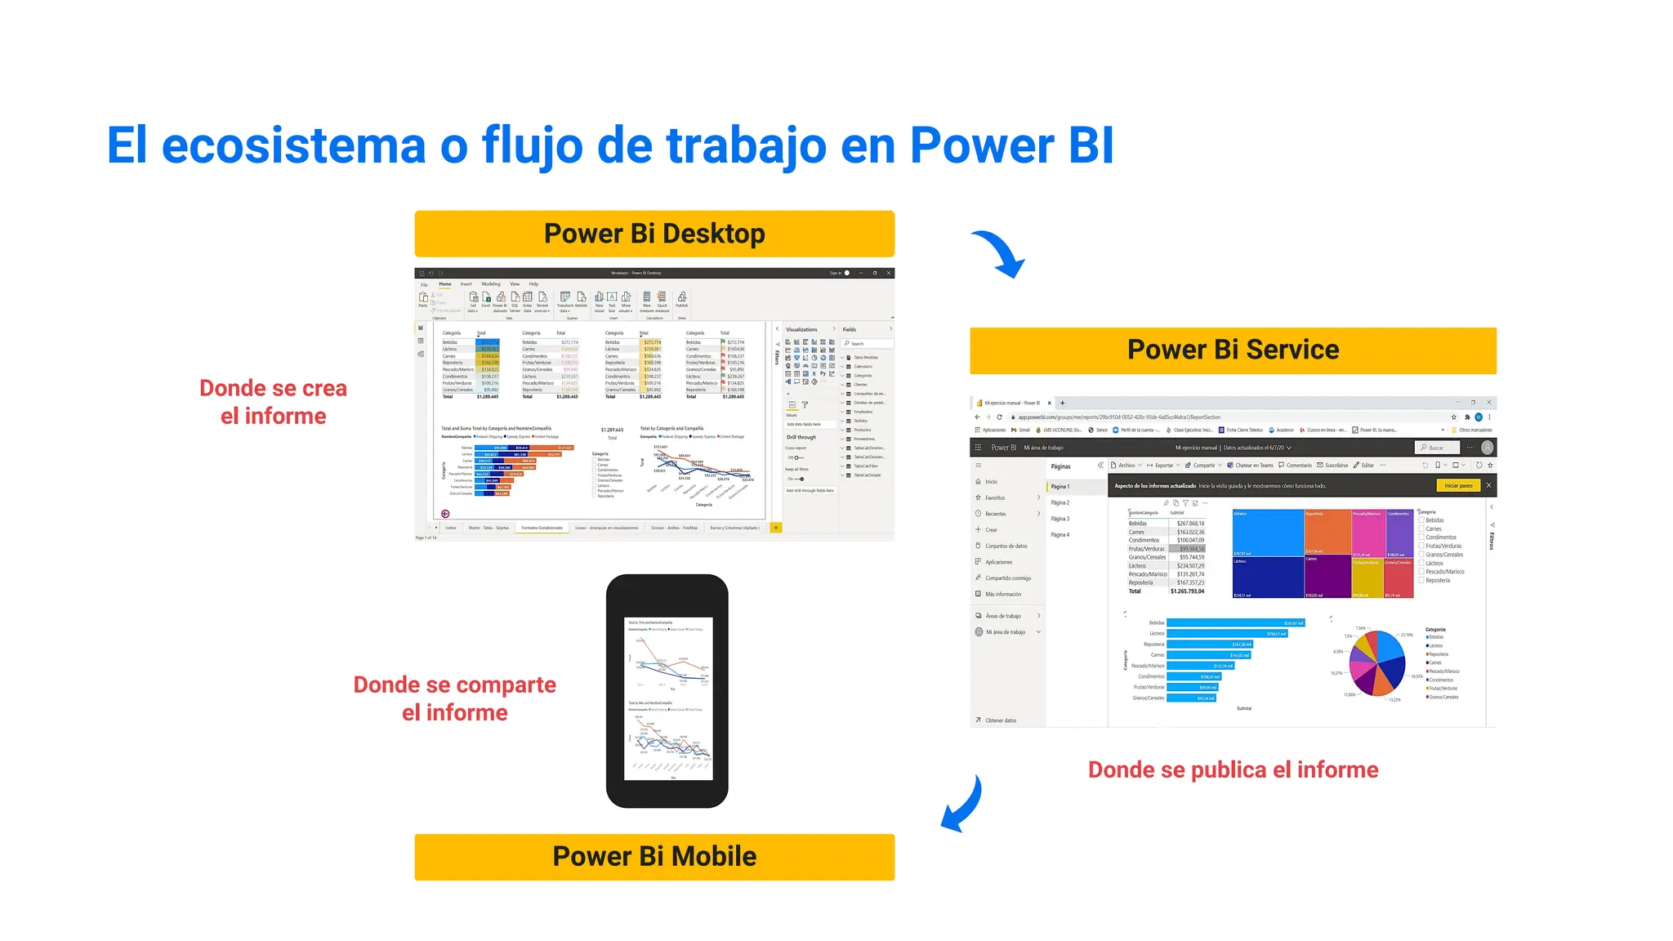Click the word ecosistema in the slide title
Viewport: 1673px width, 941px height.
[x=293, y=146]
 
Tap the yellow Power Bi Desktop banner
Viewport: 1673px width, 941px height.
[x=654, y=234]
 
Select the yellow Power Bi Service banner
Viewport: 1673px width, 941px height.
[x=1233, y=350]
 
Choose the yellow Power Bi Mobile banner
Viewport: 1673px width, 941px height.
[x=654, y=857]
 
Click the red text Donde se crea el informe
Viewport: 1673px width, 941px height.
[x=273, y=402]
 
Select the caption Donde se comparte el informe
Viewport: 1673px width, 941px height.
[x=454, y=698]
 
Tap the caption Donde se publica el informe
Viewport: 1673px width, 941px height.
[x=1233, y=769]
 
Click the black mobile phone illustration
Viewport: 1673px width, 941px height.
[x=667, y=691]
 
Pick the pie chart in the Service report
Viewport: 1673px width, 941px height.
[x=1377, y=662]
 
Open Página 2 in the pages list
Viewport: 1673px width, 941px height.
[x=1060, y=502]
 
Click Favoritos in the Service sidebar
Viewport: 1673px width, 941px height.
[x=995, y=497]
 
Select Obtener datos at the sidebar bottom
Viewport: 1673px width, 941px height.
[x=1001, y=720]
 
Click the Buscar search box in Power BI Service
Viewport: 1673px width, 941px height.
[x=1439, y=448]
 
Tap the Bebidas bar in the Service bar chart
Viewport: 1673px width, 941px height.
[x=1235, y=623]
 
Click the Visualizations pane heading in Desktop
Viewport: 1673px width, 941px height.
[x=801, y=329]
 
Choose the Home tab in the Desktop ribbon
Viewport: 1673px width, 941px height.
[x=445, y=284]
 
